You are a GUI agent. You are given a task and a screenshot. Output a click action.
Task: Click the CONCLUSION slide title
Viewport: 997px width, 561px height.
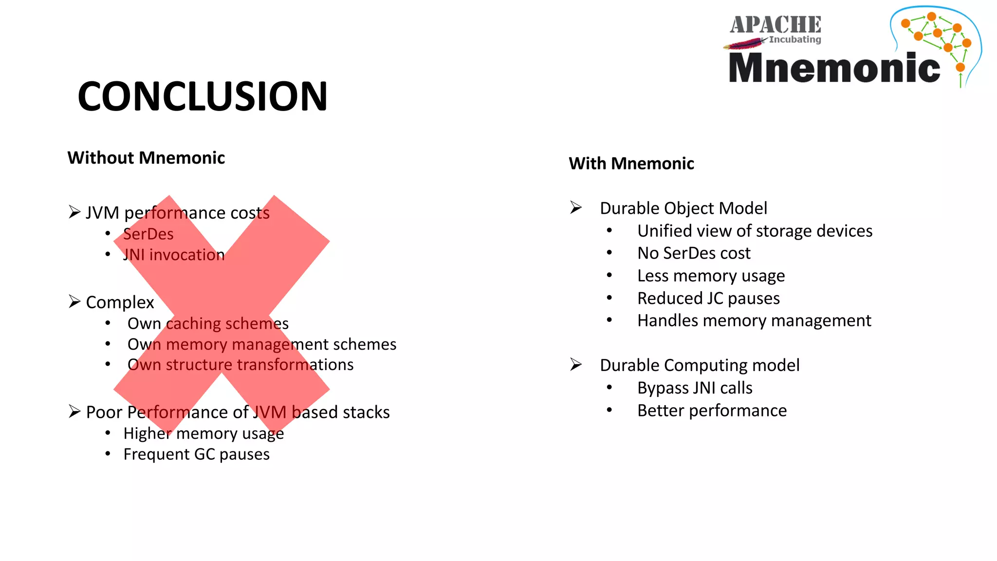point(203,96)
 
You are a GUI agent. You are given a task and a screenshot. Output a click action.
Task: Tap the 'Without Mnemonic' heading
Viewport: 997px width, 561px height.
point(146,158)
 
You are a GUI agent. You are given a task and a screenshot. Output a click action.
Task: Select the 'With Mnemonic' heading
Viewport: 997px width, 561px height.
point(631,164)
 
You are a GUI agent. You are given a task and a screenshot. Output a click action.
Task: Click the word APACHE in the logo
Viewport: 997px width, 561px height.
point(775,24)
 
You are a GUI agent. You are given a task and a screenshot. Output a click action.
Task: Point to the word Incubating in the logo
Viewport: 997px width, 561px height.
point(795,39)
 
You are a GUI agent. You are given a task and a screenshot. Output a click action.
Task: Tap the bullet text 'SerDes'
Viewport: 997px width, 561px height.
point(148,234)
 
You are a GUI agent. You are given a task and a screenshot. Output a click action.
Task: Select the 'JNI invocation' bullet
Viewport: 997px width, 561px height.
point(174,255)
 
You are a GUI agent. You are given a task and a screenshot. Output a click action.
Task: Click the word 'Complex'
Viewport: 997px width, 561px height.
point(120,302)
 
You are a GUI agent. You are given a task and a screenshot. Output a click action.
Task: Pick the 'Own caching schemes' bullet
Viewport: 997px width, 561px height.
point(208,323)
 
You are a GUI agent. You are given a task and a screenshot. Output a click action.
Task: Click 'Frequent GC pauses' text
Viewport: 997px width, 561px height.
point(196,454)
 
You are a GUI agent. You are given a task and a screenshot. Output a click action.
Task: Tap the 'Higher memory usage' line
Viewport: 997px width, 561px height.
point(203,433)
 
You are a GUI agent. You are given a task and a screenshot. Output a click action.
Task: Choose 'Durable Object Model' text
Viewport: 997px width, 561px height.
point(683,208)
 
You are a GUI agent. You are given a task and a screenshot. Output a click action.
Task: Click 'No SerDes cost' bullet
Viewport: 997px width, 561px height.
point(694,253)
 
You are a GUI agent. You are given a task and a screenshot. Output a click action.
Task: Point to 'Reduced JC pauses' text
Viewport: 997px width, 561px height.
point(708,298)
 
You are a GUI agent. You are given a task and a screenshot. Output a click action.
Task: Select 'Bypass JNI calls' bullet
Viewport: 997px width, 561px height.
point(695,388)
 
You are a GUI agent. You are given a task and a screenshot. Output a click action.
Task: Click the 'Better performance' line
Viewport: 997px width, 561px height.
point(712,411)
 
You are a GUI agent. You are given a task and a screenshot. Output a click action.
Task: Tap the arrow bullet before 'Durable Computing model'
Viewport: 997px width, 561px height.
point(576,364)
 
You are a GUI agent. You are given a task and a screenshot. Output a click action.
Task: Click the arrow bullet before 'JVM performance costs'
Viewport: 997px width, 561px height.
point(74,212)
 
